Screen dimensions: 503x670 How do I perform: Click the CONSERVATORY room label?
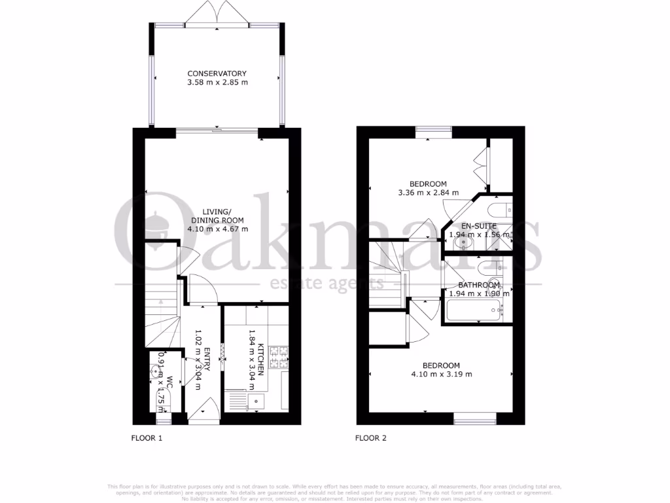217,73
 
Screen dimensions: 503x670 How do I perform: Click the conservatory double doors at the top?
218,14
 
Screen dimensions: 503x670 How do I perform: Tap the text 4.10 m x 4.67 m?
217,229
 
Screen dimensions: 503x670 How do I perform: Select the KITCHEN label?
260,358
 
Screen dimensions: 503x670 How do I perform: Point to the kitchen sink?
254,398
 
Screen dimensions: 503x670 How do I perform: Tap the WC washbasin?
156,371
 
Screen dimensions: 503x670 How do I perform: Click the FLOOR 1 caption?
147,438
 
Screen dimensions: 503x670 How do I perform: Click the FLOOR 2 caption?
371,438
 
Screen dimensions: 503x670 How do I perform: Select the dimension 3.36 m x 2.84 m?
428,193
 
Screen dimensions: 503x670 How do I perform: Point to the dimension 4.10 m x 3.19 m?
441,375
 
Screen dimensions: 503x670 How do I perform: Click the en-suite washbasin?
464,243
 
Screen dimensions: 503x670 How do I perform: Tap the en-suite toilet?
501,210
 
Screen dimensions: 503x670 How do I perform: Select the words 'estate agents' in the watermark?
326,284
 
